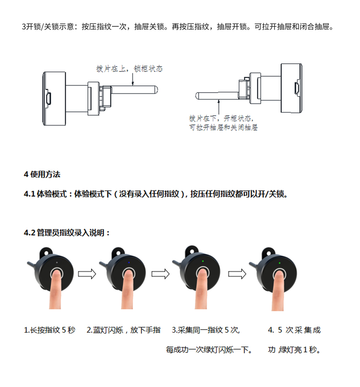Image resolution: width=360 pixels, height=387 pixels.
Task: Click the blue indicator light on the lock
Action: (x=129, y=263)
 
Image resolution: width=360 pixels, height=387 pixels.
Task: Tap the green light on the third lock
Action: (x=202, y=261)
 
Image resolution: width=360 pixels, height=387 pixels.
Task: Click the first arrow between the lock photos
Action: (x=87, y=275)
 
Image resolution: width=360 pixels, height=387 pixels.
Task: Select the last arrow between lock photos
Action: (x=236, y=275)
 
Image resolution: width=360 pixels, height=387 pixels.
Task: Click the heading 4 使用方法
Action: (x=42, y=174)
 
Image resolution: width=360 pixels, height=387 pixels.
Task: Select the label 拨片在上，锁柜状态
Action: (x=129, y=69)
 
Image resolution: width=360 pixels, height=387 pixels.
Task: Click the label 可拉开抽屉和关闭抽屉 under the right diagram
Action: (x=224, y=127)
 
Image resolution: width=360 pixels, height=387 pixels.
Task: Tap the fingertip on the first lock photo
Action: (x=57, y=276)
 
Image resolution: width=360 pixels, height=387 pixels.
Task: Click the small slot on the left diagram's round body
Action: (x=49, y=97)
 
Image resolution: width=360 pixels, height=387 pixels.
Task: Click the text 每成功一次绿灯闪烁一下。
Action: (x=209, y=350)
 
